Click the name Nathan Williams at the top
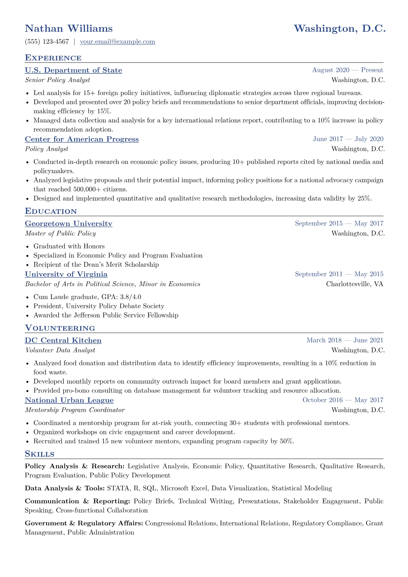pyautogui.click(x=69, y=28)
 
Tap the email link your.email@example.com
pyautogui.click(x=117, y=42)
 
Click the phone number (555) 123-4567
pyautogui.click(x=47, y=42)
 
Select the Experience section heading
pyautogui.click(x=53, y=58)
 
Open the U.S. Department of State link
pyautogui.click(x=73, y=70)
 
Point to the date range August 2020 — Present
pyautogui.click(x=347, y=70)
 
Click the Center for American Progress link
pyautogui.click(x=82, y=139)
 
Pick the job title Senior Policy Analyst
pyautogui.click(x=58, y=80)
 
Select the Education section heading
pyautogui.click(x=51, y=211)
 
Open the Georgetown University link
pyautogui.click(x=69, y=224)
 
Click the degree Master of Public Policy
pyautogui.click(x=60, y=233)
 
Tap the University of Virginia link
pyautogui.click(x=66, y=274)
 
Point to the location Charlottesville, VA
pyautogui.click(x=355, y=284)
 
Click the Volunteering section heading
pyautogui.click(x=60, y=328)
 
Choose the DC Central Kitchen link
pyautogui.click(x=63, y=341)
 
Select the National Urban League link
pyautogui.click(x=69, y=400)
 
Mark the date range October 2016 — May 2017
pyautogui.click(x=343, y=400)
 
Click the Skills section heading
pyautogui.click(x=39, y=454)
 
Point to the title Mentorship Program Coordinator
pyautogui.click(x=75, y=410)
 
